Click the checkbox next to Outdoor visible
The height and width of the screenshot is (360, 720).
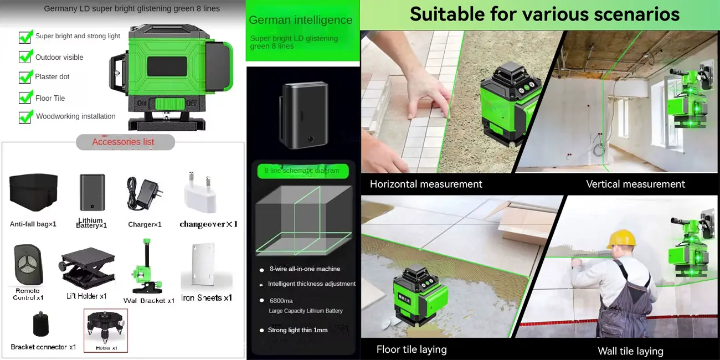25,56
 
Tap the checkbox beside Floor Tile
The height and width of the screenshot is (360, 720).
25,97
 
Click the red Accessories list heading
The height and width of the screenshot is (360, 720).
123,142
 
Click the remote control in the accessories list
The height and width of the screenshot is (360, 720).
27,265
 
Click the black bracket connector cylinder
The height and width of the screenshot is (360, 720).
41,324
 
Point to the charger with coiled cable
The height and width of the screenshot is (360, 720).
143,193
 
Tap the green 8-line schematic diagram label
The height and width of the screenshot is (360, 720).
302,171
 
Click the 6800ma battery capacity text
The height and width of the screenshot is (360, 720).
281,300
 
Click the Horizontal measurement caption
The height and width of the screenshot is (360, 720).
426,184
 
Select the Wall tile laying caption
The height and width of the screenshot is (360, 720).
630,351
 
